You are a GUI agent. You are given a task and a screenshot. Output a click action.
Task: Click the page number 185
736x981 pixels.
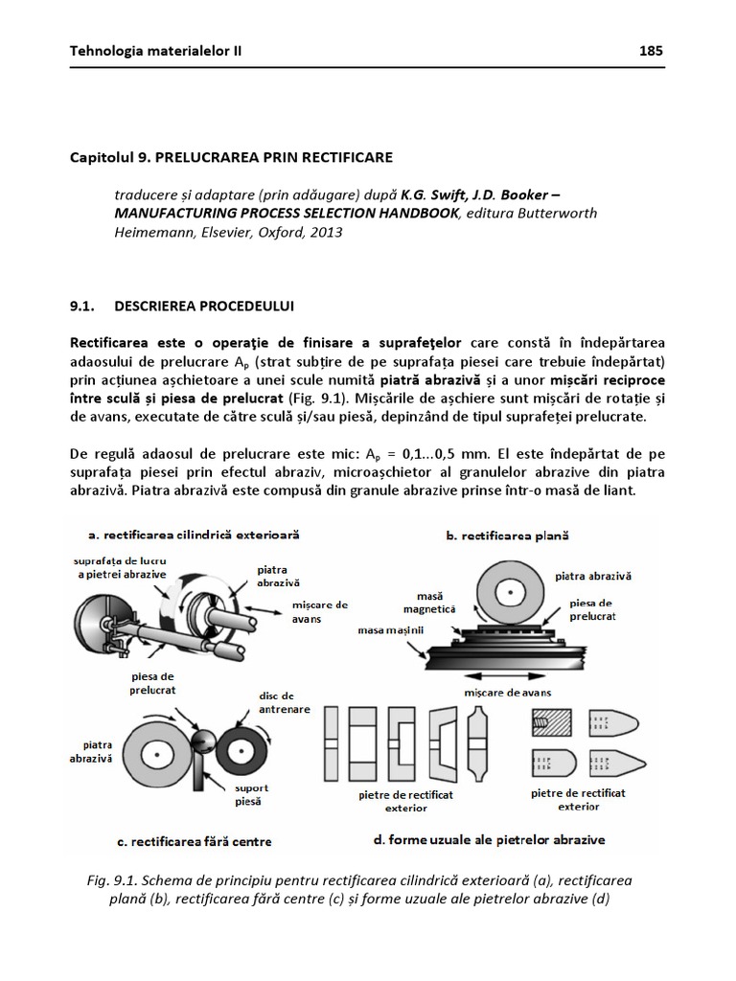651,51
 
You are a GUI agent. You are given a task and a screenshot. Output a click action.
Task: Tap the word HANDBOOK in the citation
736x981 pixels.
409,213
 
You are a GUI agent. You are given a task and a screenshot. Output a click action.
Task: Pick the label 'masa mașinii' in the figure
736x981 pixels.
391,630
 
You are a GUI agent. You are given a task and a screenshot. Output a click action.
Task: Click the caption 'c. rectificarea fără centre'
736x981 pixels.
195,841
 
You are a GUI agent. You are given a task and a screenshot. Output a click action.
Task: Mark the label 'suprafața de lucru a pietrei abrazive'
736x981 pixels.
116,565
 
